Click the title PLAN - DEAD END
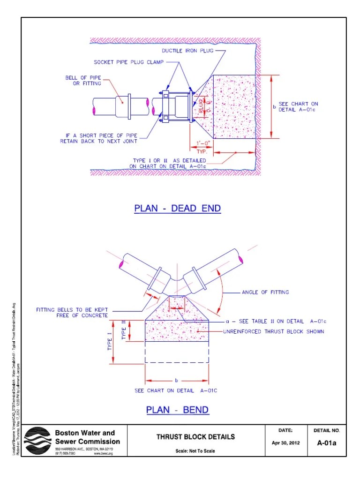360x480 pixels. (x=177, y=208)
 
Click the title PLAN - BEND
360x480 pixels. (x=177, y=410)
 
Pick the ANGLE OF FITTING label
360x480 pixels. (x=265, y=292)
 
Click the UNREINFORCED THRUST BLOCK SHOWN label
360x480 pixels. (x=273, y=331)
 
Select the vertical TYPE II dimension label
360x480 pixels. (x=124, y=330)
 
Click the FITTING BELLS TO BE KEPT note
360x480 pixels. (x=72, y=313)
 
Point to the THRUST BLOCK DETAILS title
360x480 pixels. (x=195, y=437)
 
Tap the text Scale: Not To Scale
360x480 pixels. (x=195, y=451)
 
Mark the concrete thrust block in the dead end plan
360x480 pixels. (x=234, y=107)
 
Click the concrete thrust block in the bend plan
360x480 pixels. (x=177, y=328)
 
